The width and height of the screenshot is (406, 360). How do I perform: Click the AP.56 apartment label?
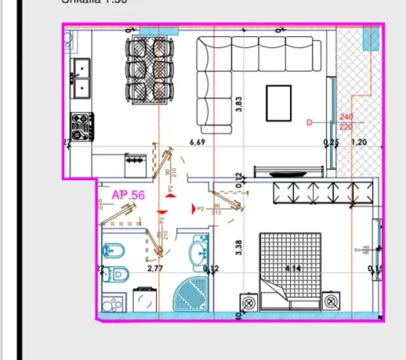(127, 194)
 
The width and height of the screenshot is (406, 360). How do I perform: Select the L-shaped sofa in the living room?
(216, 80)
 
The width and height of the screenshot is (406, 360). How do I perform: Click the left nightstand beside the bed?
(249, 302)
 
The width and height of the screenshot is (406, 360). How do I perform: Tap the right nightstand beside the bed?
(329, 302)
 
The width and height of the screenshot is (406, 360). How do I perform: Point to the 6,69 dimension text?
(197, 142)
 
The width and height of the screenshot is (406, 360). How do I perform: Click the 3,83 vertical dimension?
(238, 105)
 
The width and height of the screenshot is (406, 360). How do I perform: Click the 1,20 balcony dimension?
(360, 143)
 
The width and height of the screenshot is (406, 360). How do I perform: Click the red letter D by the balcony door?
(309, 122)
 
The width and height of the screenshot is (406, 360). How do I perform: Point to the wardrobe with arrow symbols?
(321, 193)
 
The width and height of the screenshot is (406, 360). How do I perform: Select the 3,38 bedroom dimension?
(238, 247)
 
